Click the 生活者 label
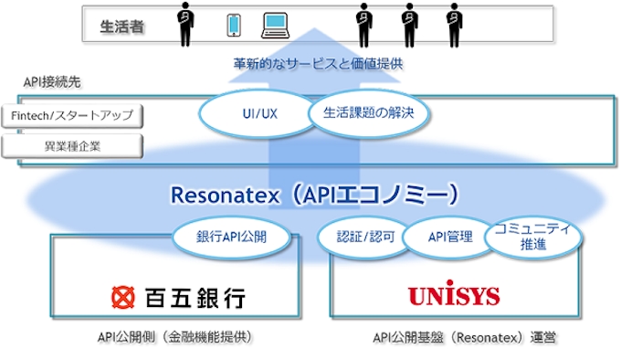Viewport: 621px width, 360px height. [118, 27]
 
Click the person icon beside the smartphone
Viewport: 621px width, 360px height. [186, 25]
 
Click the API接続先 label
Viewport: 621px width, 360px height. [52, 82]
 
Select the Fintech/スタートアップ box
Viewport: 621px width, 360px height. [72, 116]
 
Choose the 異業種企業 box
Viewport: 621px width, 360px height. [72, 144]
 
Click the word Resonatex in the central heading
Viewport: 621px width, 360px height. [216, 195]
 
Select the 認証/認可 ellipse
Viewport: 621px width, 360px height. [362, 237]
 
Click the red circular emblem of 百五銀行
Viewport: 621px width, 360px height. [124, 297]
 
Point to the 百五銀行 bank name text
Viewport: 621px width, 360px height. [195, 297]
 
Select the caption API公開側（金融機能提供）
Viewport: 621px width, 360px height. [174, 337]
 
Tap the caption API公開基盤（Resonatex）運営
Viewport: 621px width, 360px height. [465, 337]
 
